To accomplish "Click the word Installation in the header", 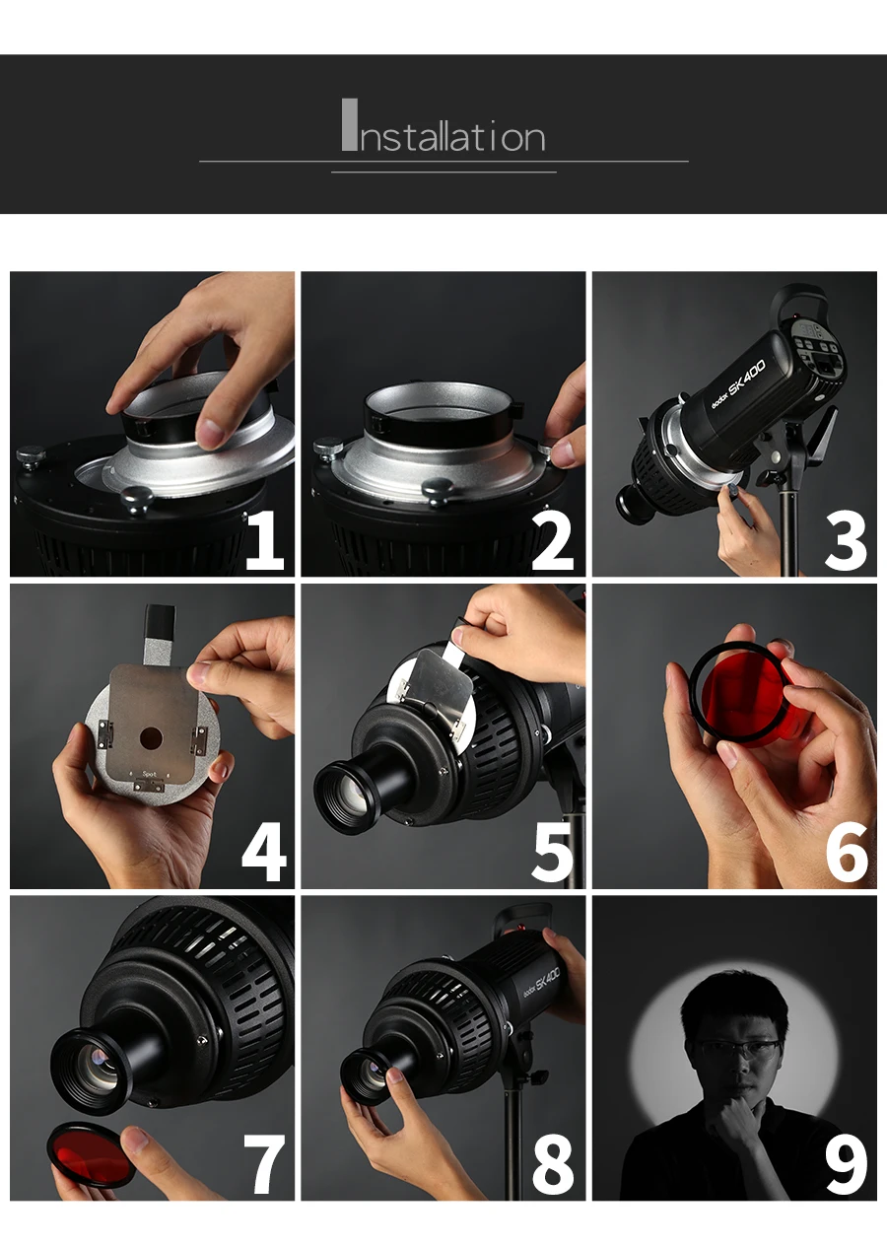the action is pyautogui.click(x=443, y=126).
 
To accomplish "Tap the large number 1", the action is pyautogui.click(x=266, y=541).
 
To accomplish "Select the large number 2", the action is pyautogui.click(x=552, y=541).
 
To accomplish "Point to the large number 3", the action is pyautogui.click(x=846, y=541).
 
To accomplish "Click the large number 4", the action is pyautogui.click(x=264, y=853).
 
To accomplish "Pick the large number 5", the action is pyautogui.click(x=552, y=853).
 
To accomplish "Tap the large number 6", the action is pyautogui.click(x=847, y=853).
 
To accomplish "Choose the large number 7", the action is pyautogui.click(x=264, y=1163).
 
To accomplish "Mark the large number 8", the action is pyautogui.click(x=552, y=1163).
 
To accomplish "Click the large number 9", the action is pyautogui.click(x=847, y=1163).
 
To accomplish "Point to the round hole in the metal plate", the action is pyautogui.click(x=151, y=739).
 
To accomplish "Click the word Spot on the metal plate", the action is pyautogui.click(x=150, y=773).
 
